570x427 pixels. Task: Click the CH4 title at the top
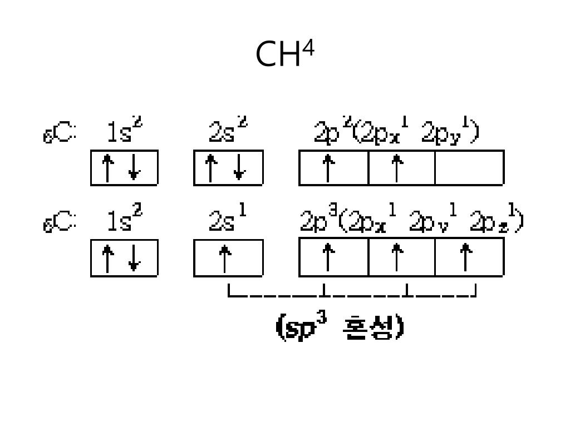click(284, 54)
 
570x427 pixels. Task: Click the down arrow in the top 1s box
click(134, 168)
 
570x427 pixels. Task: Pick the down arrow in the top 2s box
click(239, 168)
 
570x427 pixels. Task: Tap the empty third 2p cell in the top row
click(469, 168)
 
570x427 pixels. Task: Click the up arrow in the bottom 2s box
click(225, 258)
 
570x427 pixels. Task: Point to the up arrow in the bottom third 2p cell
click(465, 258)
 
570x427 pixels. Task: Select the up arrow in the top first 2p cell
click(329, 168)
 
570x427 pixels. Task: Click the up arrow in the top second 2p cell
click(396, 168)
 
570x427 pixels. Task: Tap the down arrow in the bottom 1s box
click(134, 258)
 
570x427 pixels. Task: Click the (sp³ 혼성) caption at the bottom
click(340, 327)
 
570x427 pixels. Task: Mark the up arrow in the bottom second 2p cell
click(396, 258)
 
